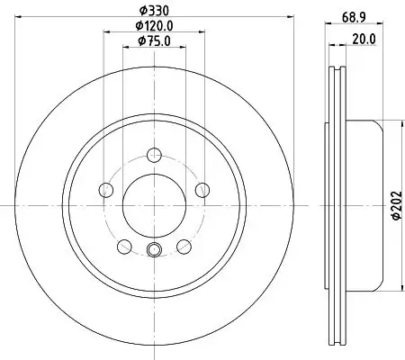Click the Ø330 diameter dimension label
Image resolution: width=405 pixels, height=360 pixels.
154,11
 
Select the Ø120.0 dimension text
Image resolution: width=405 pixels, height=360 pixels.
154,26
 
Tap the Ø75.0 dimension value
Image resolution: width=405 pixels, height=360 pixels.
154,41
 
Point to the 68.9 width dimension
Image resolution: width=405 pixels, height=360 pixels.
354,17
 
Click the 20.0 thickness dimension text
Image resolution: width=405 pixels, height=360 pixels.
364,40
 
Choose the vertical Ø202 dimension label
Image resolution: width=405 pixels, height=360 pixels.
397,205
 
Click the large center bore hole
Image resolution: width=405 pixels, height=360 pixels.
154,205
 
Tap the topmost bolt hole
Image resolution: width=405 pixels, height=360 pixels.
154,155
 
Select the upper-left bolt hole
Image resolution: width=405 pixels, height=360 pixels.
106,190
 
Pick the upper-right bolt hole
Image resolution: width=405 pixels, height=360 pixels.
202,190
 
